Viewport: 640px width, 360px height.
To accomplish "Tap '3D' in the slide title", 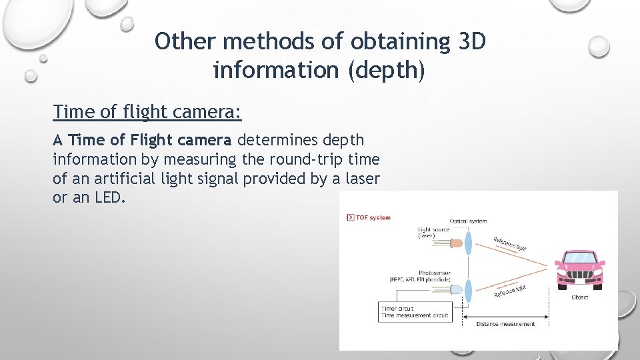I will click(x=473, y=42).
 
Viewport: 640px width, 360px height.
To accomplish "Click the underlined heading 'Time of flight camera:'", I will click(x=147, y=112).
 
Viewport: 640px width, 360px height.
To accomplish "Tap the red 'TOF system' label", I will click(x=373, y=218).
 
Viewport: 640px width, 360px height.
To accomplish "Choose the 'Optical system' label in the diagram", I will click(x=468, y=221).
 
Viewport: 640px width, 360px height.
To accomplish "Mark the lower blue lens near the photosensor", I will click(x=468, y=291).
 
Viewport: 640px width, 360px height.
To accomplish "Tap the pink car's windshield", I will click(x=579, y=257).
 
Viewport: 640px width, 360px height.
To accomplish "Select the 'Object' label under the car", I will click(x=579, y=297).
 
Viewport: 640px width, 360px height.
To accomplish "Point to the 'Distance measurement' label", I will click(x=505, y=324).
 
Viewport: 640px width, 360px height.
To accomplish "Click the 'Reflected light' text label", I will click(x=510, y=291).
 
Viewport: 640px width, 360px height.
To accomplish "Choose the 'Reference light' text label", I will click(x=510, y=243).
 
